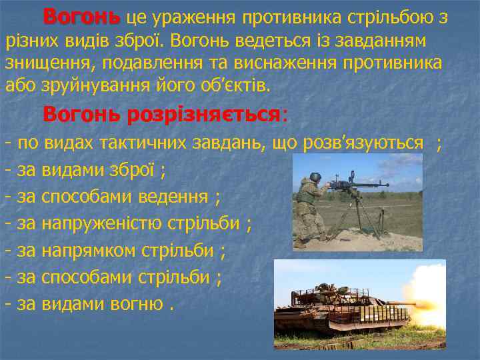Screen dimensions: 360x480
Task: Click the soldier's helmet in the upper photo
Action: pos(315,178)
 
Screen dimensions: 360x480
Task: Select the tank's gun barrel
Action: pos(387,304)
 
